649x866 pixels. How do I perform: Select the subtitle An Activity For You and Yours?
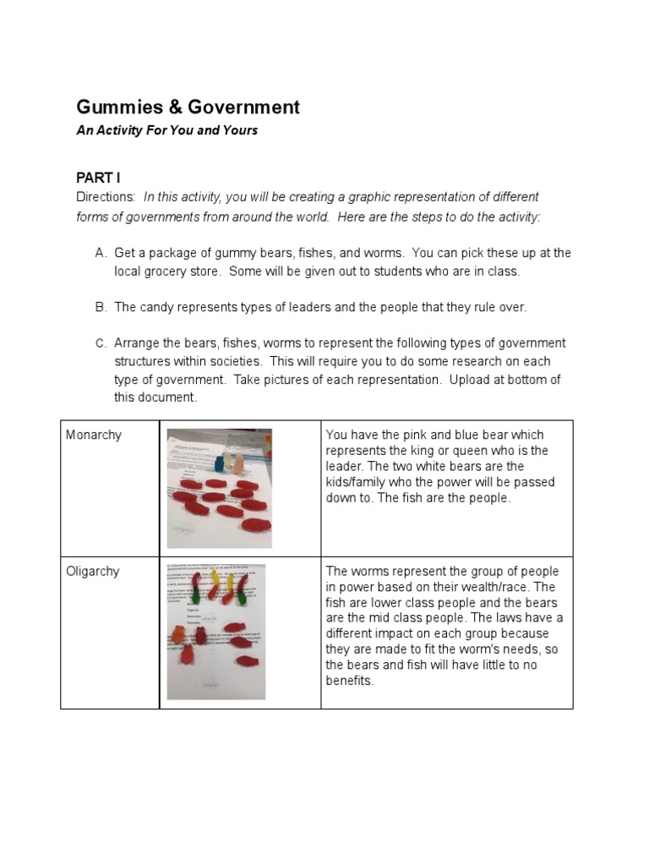[166, 130]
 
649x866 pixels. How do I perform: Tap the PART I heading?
[98, 178]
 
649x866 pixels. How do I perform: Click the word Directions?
[106, 196]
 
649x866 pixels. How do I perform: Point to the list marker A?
[101, 253]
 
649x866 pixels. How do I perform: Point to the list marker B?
[101, 307]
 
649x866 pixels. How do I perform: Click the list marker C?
[101, 343]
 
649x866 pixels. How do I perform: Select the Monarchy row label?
[94, 435]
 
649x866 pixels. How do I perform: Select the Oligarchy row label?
[93, 571]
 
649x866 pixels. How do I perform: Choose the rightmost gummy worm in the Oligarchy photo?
[243, 588]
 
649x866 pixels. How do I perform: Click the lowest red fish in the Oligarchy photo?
[245, 663]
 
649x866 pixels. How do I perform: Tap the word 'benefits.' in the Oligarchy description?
[349, 680]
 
